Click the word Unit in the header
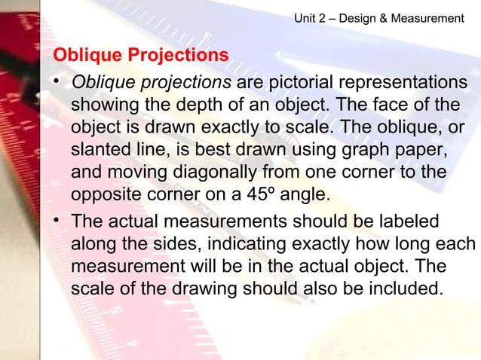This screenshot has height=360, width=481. (x=305, y=17)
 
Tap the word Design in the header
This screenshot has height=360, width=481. (x=358, y=17)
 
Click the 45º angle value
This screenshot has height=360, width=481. (x=263, y=194)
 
